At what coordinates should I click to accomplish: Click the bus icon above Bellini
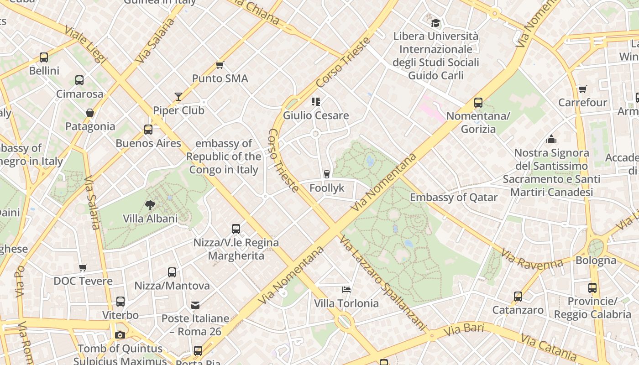pyautogui.click(x=44, y=57)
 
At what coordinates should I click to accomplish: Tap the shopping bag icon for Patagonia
pyautogui.click(x=90, y=113)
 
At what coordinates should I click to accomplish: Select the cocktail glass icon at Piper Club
pyautogui.click(x=178, y=97)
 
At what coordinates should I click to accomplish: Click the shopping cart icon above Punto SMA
pyautogui.click(x=220, y=65)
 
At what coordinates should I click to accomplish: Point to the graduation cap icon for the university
pyautogui.click(x=436, y=22)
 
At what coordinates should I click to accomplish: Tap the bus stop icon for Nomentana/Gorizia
pyautogui.click(x=478, y=103)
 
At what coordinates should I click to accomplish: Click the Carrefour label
pyautogui.click(x=582, y=102)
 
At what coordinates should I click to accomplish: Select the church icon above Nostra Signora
pyautogui.click(x=551, y=139)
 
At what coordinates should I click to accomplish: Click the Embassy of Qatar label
pyautogui.click(x=454, y=197)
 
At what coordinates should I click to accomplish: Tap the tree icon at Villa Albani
pyautogui.click(x=150, y=205)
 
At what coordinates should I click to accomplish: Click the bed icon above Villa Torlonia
pyautogui.click(x=346, y=289)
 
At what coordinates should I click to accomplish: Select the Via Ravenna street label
pyautogui.click(x=532, y=259)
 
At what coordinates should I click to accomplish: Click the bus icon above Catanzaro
pyautogui.click(x=518, y=297)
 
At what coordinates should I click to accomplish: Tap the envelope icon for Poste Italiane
pyautogui.click(x=195, y=305)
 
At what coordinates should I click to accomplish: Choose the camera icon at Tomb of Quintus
pyautogui.click(x=120, y=335)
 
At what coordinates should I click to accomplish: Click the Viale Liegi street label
pyautogui.click(x=85, y=44)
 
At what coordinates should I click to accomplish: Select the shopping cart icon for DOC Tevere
pyautogui.click(x=83, y=267)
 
